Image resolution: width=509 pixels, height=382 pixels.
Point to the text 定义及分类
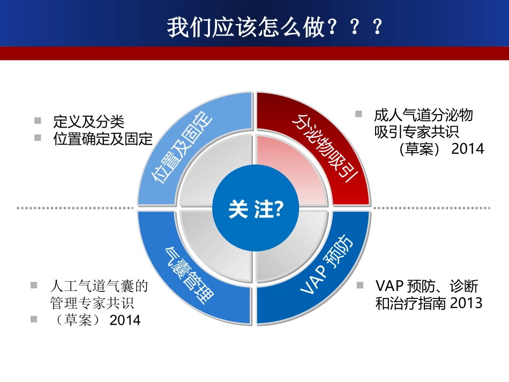[89, 120]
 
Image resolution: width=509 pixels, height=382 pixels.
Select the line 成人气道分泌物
[423, 115]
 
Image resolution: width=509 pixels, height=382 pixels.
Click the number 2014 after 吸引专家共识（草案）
[468, 148]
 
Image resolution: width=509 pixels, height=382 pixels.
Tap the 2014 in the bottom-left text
[125, 320]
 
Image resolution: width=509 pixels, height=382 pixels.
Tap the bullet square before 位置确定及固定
[38, 138]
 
